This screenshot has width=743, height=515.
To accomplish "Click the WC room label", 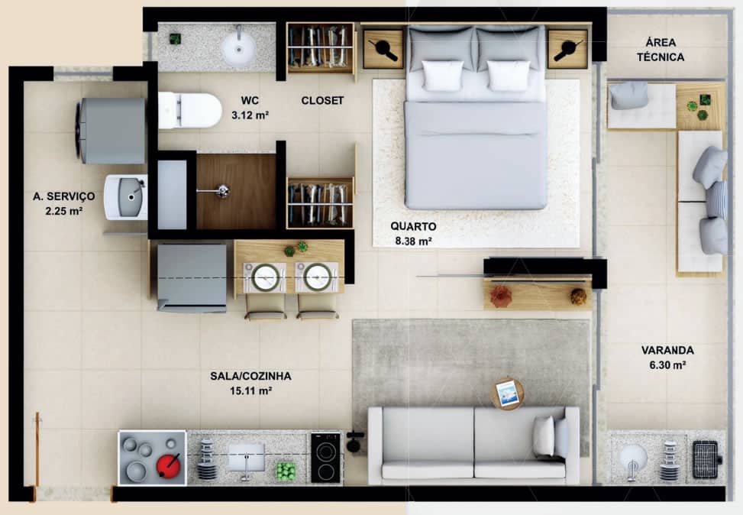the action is (x=250, y=101).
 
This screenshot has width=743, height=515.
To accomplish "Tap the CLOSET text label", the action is (x=322, y=101).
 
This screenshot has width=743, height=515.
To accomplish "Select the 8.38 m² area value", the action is (x=413, y=241).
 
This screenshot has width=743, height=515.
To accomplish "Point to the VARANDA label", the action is (x=667, y=351).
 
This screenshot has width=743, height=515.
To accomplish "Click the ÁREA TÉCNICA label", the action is (x=661, y=50).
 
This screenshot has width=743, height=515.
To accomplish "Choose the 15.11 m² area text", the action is (x=250, y=390).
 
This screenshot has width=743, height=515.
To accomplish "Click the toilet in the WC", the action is (x=189, y=111).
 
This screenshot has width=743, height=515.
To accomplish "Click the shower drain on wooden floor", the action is (x=221, y=191).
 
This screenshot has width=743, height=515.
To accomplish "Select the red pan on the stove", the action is (x=168, y=465).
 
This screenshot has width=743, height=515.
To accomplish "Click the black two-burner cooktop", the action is (x=325, y=458).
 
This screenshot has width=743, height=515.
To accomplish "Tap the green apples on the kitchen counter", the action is (x=286, y=472).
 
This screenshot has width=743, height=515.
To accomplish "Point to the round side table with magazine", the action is (x=507, y=393).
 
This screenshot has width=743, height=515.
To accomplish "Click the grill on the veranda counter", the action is (x=706, y=459).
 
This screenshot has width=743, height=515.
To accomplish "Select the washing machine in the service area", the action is (x=111, y=131).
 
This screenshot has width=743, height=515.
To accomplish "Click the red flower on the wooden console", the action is (x=500, y=296).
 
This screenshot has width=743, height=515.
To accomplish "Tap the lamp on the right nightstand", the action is (x=567, y=50).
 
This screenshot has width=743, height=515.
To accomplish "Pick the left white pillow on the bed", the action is (x=443, y=76).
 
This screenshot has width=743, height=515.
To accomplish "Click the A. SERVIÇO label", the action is (x=64, y=196).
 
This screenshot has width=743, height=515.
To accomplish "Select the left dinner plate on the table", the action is (x=266, y=277).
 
